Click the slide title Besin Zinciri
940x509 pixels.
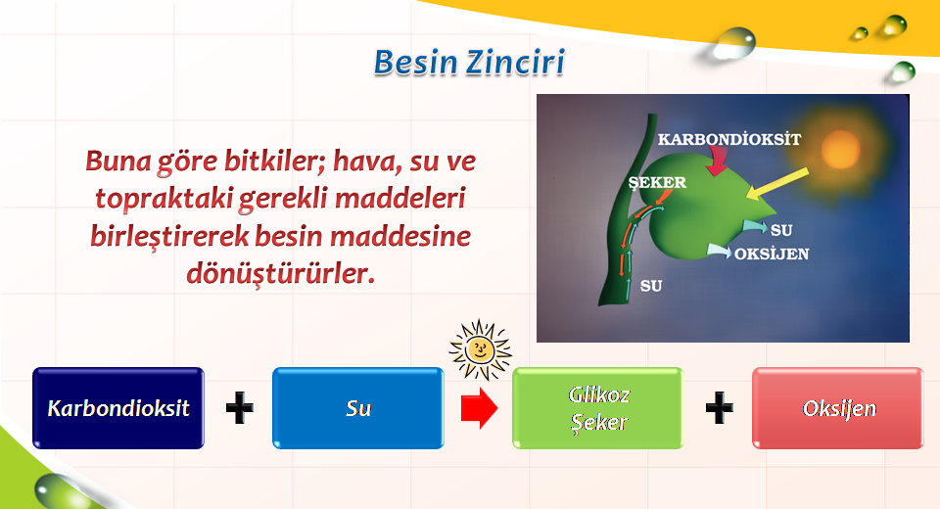coord(469,62)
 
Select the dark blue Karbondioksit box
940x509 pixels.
coord(118,408)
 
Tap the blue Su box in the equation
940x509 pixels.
coord(358,408)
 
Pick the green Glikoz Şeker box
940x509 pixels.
coord(597,408)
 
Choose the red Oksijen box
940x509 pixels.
coord(838,408)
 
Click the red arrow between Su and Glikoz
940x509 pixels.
coord(479,408)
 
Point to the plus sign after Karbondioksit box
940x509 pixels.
coord(239,408)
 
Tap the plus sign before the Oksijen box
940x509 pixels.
coord(720,408)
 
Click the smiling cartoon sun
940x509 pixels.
coord(480,350)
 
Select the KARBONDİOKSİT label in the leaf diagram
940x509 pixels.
coord(728,140)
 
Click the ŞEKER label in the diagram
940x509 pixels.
coord(657,182)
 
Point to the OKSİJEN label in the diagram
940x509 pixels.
coord(772,254)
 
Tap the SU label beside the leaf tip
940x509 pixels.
coord(781,230)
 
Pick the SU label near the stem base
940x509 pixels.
coord(651,286)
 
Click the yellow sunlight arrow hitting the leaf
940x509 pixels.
coord(776,183)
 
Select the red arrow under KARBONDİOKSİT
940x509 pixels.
coord(717,161)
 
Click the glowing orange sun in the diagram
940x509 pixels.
coord(840,150)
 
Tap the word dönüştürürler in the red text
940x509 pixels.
coord(280,273)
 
